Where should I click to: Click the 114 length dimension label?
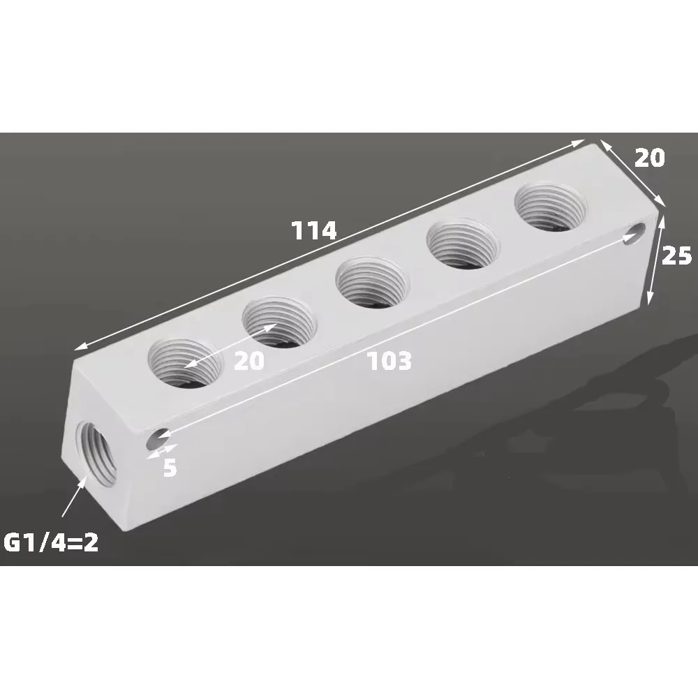[314, 230]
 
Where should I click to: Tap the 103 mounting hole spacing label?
[389, 361]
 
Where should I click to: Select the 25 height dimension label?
[676, 256]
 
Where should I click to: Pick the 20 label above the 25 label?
[649, 158]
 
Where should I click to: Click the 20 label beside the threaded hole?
[250, 361]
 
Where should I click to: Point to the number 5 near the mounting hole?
[170, 468]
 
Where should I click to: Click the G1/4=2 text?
[51, 542]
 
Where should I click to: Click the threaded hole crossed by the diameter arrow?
[277, 320]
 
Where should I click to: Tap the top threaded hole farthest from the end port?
[550, 205]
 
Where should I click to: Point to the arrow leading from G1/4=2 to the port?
[74, 497]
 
